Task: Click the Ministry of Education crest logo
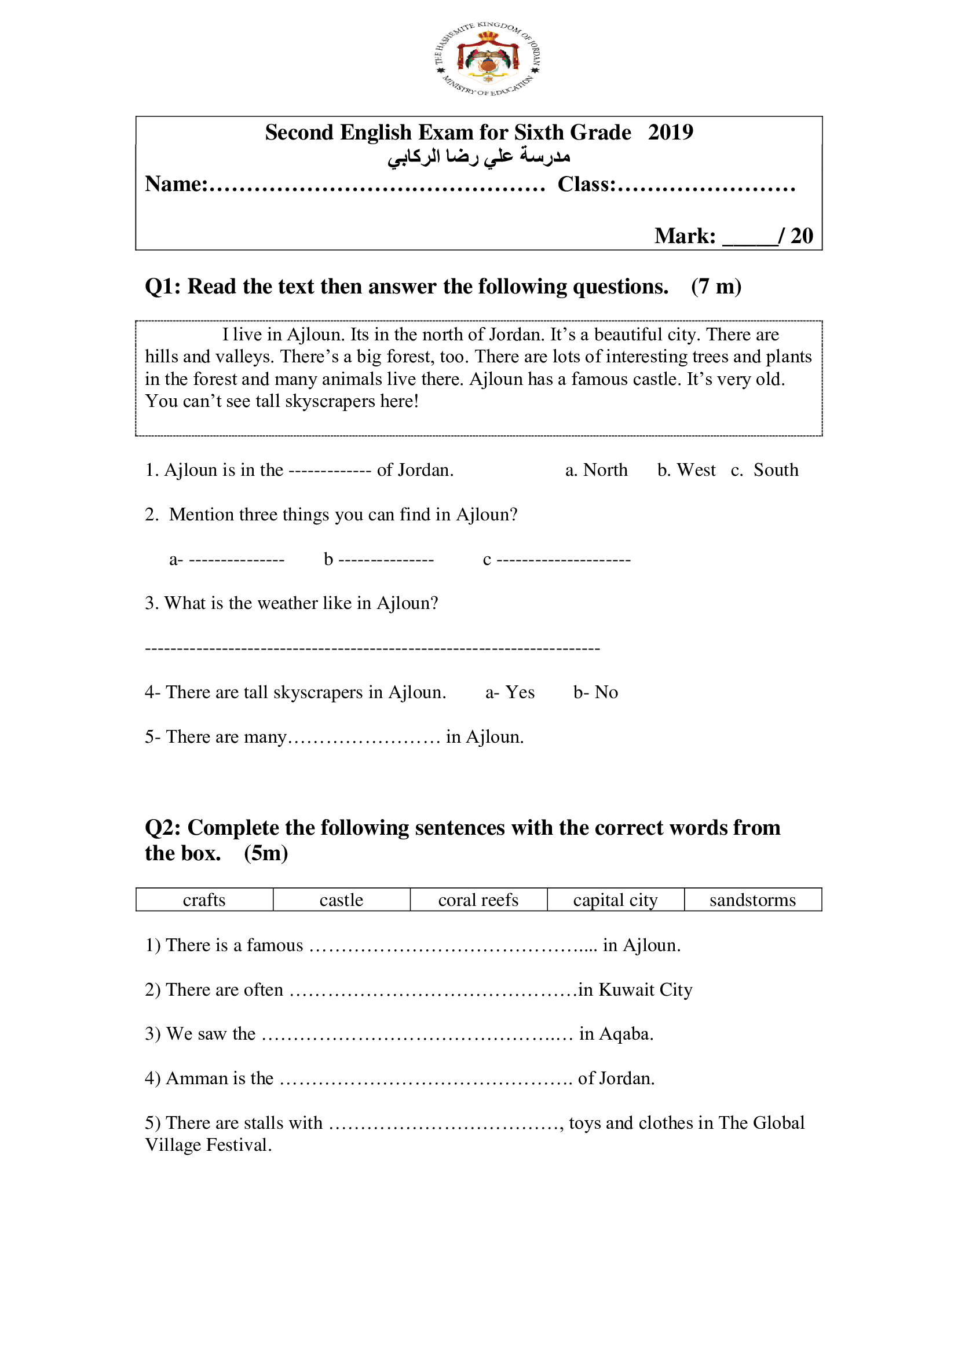488,59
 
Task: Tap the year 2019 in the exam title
670,133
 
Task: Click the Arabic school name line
478,157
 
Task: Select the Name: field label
176,185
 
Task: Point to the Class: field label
586,185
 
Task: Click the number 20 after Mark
802,236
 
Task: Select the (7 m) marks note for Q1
716,287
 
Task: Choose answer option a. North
597,470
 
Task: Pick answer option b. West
686,470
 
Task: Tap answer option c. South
765,470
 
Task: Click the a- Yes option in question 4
510,692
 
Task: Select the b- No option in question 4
596,692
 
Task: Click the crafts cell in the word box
204,900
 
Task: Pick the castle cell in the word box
342,900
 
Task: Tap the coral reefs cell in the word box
478,900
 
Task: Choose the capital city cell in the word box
615,900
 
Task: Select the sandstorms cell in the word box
753,900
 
